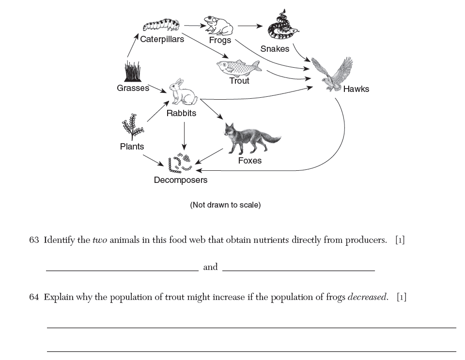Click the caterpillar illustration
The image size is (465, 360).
[162, 25]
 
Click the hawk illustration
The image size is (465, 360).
[332, 74]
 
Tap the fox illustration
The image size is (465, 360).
[250, 137]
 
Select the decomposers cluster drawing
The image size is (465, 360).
[180, 164]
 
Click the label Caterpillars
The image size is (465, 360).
[162, 40]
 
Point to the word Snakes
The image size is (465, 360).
[275, 49]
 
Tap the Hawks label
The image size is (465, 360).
[356, 89]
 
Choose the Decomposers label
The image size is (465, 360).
[180, 180]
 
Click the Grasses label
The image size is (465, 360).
[133, 88]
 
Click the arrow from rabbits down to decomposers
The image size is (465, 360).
[184, 135]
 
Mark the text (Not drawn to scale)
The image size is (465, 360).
[225, 205]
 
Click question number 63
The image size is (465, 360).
[34, 240]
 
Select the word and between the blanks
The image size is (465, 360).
[210, 267]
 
